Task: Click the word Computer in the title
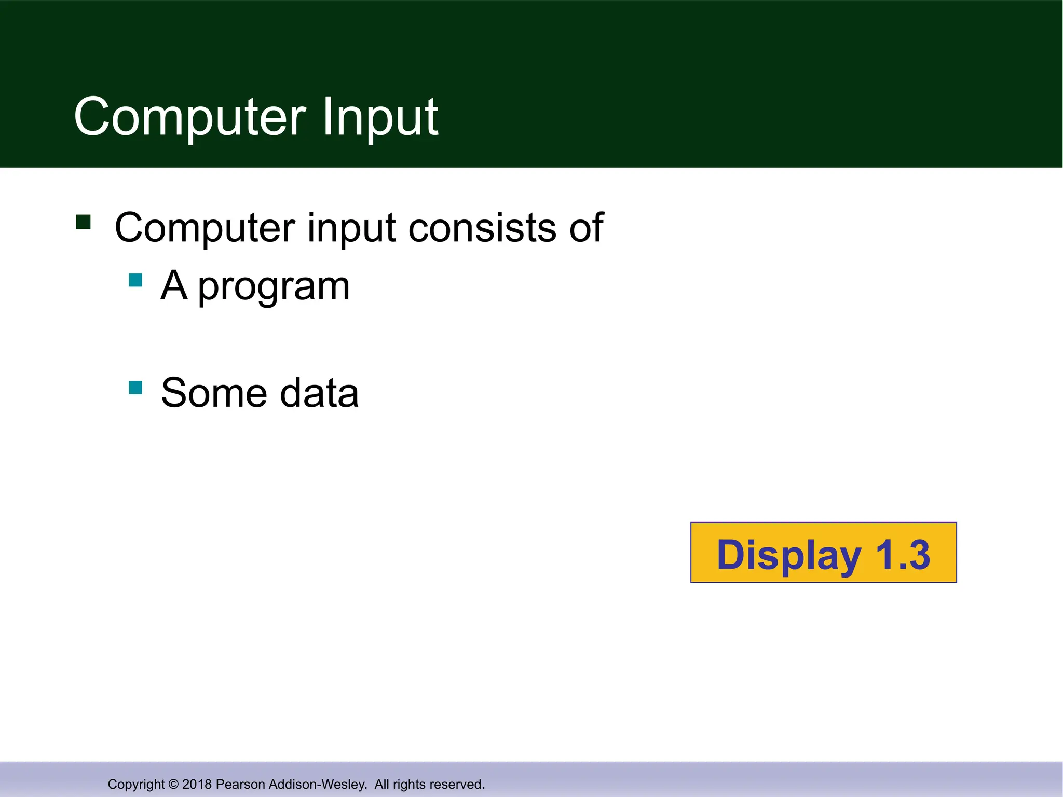189,117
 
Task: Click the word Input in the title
380,117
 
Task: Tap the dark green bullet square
83,222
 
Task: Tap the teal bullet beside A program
135,280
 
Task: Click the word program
274,287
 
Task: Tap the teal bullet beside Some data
135,388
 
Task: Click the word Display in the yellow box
788,555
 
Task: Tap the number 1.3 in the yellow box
903,554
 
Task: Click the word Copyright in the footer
136,784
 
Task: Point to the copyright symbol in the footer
173,784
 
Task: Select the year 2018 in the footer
197,784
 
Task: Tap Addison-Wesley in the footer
318,784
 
